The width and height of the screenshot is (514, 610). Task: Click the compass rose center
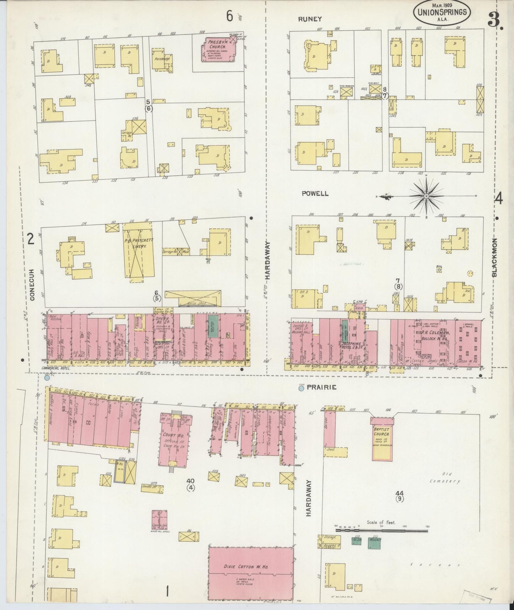(x=426, y=196)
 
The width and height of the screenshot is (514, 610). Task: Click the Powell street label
(x=310, y=193)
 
